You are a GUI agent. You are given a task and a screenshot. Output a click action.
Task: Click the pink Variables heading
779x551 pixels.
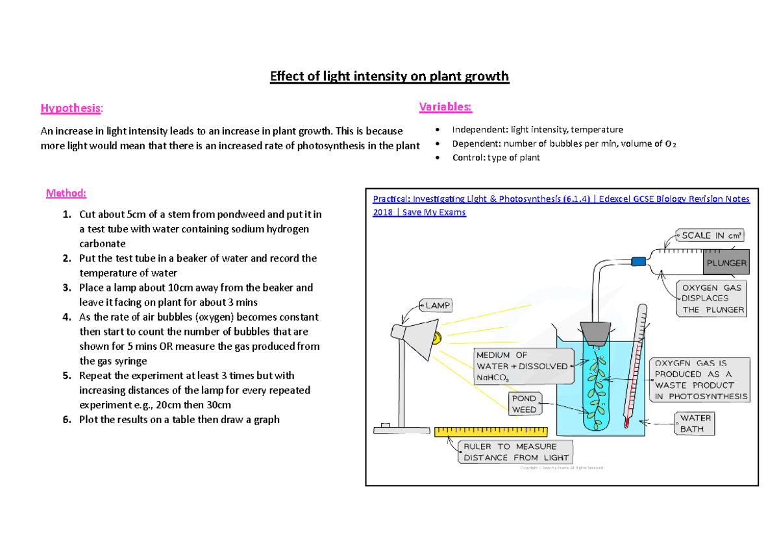point(445,106)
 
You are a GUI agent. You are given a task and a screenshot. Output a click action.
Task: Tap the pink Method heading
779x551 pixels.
point(66,193)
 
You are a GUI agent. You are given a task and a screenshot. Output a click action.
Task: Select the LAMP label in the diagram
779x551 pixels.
point(438,304)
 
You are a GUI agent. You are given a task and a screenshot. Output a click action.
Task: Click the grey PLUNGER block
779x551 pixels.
point(726,263)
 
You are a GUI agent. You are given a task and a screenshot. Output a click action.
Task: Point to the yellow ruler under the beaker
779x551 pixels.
point(490,432)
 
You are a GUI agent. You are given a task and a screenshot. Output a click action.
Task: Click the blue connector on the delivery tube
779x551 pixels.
point(639,261)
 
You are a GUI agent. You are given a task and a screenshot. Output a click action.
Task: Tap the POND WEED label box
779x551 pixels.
point(525,404)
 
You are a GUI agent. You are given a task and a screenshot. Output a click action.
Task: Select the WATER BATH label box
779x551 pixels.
point(696,424)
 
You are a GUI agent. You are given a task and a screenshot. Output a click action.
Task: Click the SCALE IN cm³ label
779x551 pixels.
point(711,236)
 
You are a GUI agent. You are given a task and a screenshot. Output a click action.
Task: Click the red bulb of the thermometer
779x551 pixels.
point(626,424)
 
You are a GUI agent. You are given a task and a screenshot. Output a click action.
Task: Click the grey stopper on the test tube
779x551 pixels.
point(594,334)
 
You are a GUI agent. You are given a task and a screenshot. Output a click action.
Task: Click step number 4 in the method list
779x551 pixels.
point(66,317)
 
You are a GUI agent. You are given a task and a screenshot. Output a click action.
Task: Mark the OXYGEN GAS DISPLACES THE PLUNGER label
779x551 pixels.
point(711,298)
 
